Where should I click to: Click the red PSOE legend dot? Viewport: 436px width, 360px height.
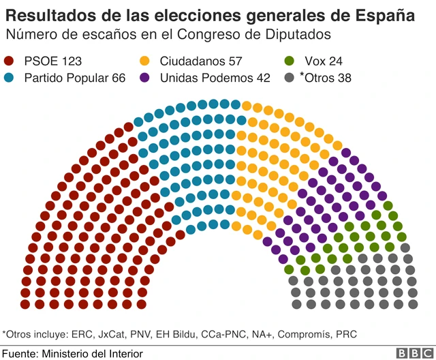point(10,62)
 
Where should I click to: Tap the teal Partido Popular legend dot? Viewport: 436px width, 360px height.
point(10,78)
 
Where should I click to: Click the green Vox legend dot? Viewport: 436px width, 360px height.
point(290,62)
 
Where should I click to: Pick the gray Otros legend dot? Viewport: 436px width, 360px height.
point(290,78)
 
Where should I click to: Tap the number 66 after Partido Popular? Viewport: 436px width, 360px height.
point(118,78)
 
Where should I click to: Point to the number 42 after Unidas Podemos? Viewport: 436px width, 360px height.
point(262,78)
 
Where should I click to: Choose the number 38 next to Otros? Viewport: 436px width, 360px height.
point(344,78)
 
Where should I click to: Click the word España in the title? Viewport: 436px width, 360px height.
point(386,15)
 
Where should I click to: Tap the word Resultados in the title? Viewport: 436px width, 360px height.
point(46,15)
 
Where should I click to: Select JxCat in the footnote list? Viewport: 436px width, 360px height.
point(111,334)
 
